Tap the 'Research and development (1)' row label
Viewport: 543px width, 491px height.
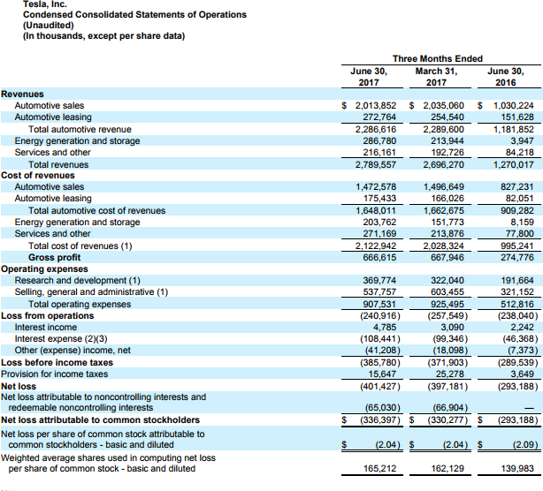pos(77,280)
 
